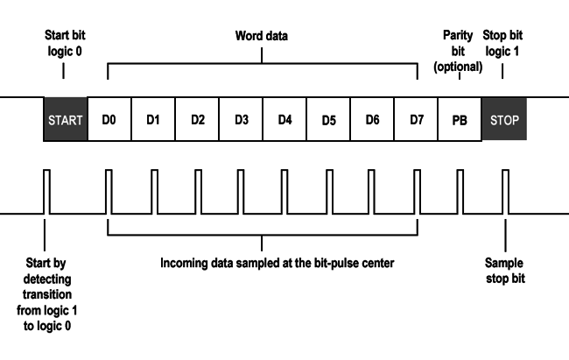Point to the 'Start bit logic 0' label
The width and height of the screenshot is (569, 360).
tap(65, 43)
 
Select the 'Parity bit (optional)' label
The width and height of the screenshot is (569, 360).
tap(459, 51)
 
